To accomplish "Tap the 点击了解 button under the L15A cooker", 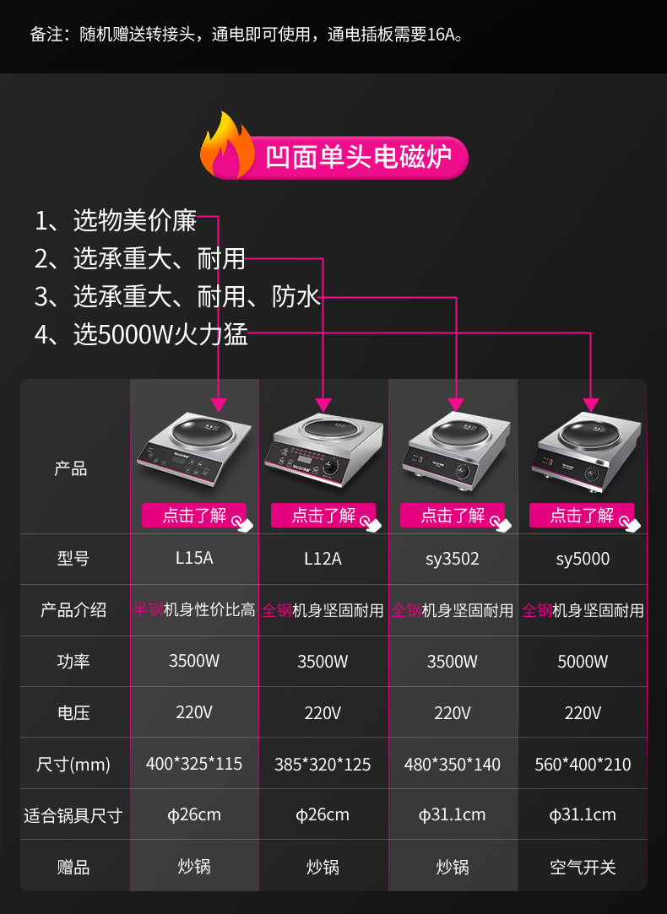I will pyautogui.click(x=194, y=515).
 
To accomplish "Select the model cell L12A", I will pyautogui.click(x=323, y=559).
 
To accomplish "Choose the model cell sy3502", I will pyautogui.click(x=453, y=559).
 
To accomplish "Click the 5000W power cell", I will pyautogui.click(x=583, y=662).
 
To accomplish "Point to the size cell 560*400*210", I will pyautogui.click(x=583, y=765).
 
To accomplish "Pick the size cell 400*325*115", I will pyautogui.click(x=194, y=764).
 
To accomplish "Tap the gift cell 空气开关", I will pyautogui.click(x=583, y=867).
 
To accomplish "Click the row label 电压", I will pyautogui.click(x=74, y=713).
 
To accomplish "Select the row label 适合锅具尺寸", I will pyautogui.click(x=74, y=815).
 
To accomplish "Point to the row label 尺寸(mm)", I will pyautogui.click(x=74, y=765).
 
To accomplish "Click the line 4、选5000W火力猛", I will pyautogui.click(x=141, y=334).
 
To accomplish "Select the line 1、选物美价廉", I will pyautogui.click(x=116, y=221).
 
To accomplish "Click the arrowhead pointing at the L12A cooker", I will pyautogui.click(x=323, y=404).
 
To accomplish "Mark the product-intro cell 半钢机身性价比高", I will pyautogui.click(x=194, y=609).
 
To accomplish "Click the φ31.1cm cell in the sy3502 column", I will pyautogui.click(x=453, y=815).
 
